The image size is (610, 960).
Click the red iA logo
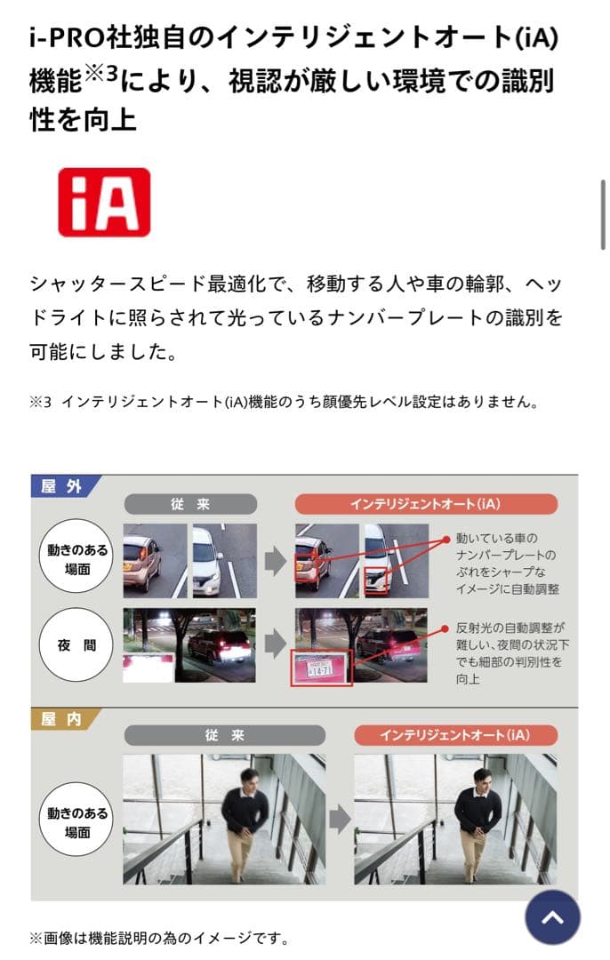(104, 202)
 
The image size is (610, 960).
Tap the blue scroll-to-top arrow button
(552, 916)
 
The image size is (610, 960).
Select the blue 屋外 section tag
(64, 486)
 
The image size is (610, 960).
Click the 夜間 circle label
(76, 646)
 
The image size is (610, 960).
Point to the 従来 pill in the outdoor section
(190, 504)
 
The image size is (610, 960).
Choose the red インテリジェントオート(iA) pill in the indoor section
(454, 735)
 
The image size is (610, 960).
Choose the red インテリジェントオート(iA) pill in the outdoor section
(426, 504)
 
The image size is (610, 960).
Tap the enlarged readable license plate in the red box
(322, 668)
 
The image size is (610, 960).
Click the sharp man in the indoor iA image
(477, 818)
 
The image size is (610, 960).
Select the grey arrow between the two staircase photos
(340, 820)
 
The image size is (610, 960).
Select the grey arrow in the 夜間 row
(275, 644)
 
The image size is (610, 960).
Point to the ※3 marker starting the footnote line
(41, 402)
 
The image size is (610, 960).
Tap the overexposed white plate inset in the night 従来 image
(147, 668)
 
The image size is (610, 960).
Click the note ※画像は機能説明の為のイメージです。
(159, 938)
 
